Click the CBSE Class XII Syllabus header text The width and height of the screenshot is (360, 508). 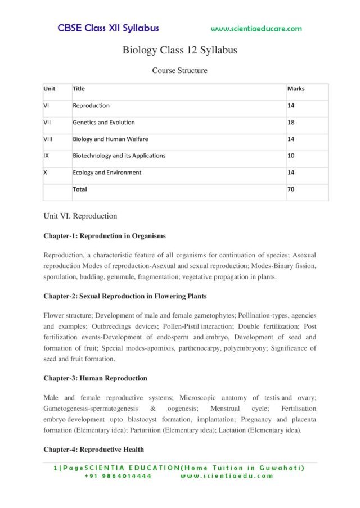[x=108, y=28]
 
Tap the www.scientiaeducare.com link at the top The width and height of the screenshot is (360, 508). [x=256, y=29]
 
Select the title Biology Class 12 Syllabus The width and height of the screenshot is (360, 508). [x=180, y=50]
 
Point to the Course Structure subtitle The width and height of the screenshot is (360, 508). [x=180, y=71]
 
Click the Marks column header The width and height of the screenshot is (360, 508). [x=296, y=89]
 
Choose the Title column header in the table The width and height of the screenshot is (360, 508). [x=79, y=89]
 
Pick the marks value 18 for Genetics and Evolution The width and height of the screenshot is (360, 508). [x=291, y=123]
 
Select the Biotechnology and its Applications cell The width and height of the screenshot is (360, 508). [x=119, y=156]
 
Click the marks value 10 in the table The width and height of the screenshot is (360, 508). [x=291, y=156]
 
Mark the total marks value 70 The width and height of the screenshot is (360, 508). [x=291, y=189]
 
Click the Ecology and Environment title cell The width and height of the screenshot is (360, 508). [x=107, y=173]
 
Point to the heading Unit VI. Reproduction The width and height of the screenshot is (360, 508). [x=80, y=216]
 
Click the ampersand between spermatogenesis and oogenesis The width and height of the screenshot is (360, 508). [x=153, y=409]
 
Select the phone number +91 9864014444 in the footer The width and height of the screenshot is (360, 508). [x=118, y=475]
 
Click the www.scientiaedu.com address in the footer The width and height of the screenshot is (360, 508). [x=227, y=475]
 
